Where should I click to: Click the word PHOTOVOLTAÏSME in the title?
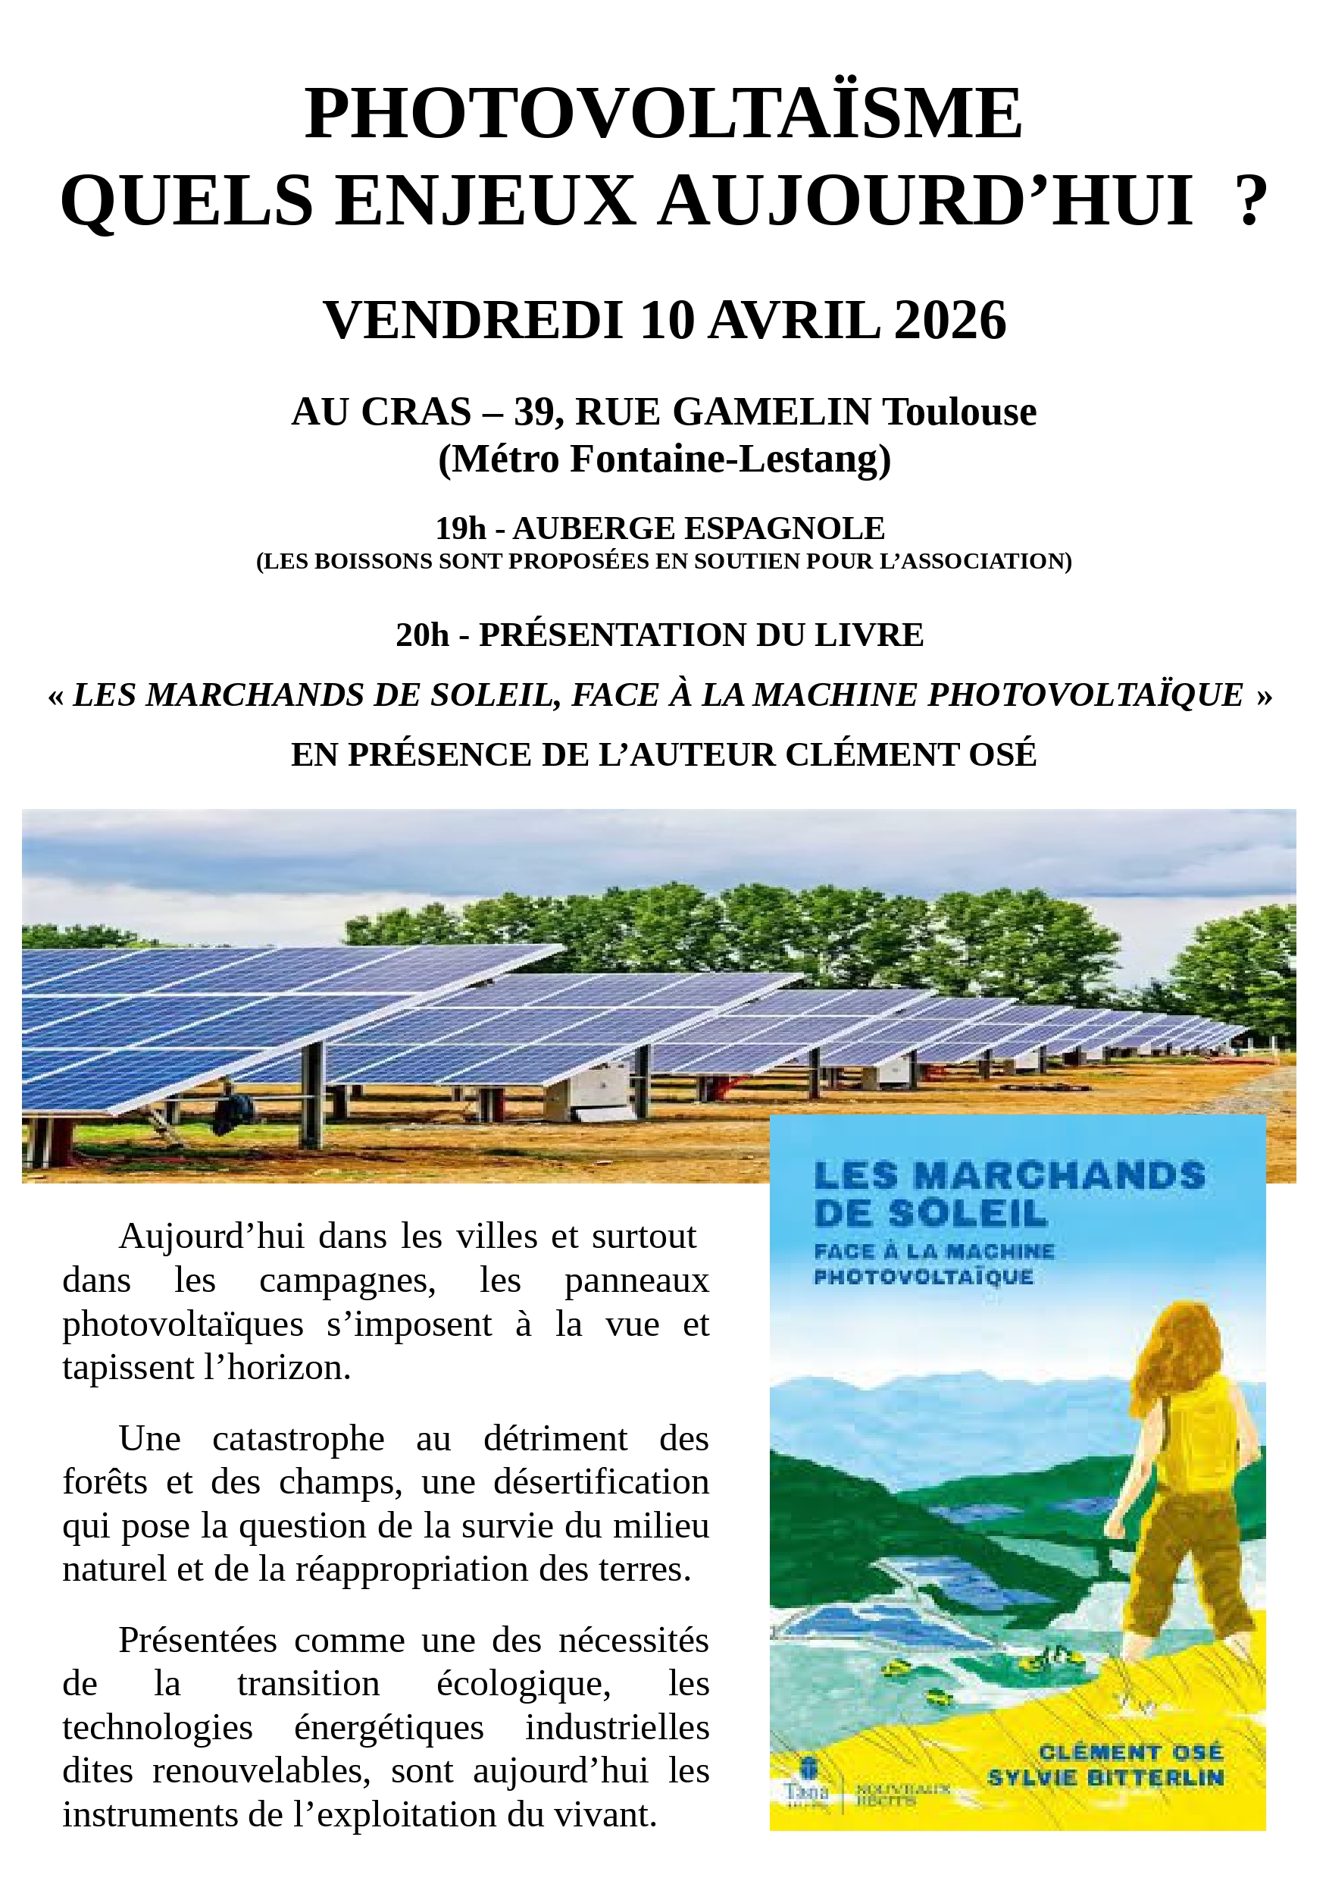coord(663,114)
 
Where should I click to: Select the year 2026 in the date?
coord(950,321)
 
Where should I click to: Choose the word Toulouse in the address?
coord(959,412)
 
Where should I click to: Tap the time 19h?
coord(460,529)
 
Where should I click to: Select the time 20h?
coord(423,635)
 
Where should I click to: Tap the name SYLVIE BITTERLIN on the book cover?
coord(1105,1800)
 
